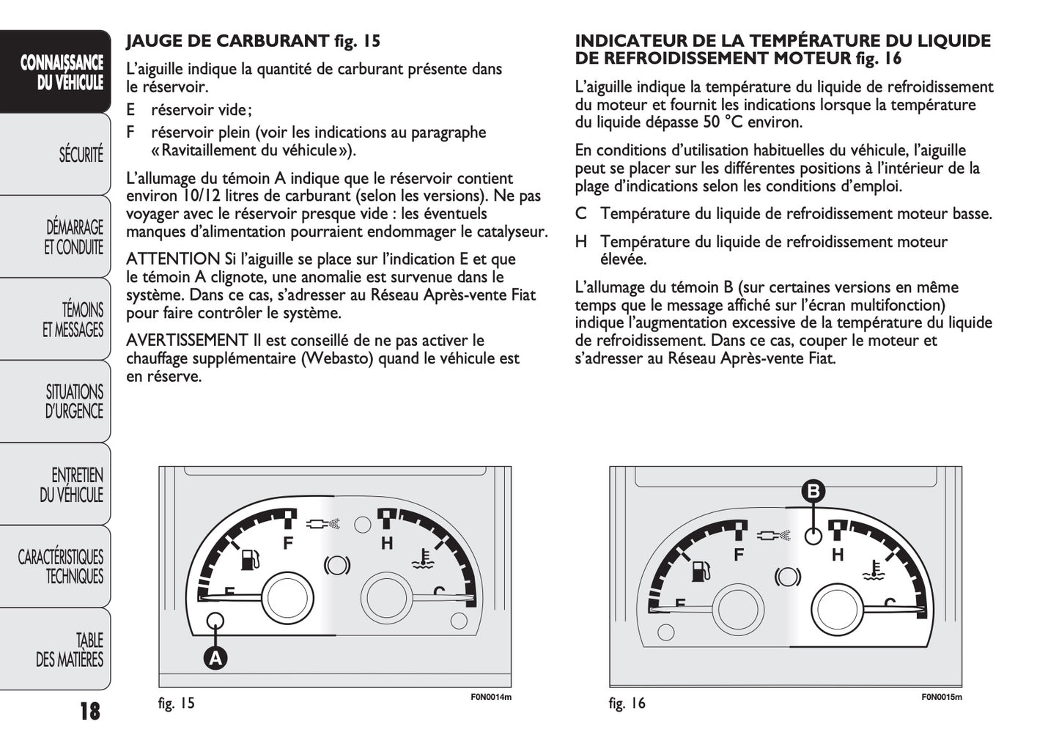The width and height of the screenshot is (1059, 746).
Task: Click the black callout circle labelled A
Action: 215,658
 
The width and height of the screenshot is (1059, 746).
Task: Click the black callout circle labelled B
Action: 813,491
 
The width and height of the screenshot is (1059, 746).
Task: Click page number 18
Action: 89,711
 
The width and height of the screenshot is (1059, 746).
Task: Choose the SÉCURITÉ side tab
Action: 81,155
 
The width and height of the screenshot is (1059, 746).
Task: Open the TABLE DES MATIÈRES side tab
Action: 70,650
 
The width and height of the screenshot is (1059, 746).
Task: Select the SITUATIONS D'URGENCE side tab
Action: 73,402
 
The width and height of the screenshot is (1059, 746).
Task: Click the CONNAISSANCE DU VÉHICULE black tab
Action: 62,73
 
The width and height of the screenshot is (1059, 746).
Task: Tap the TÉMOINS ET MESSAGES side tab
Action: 73,320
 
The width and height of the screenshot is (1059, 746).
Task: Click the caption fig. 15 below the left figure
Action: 177,703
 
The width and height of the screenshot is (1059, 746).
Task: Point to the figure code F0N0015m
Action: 941,697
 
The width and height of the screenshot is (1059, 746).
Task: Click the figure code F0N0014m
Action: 490,697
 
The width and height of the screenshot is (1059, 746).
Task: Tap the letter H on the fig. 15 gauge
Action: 387,543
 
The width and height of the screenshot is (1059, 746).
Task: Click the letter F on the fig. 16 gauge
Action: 739,555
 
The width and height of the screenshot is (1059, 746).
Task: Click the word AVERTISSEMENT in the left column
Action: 187,341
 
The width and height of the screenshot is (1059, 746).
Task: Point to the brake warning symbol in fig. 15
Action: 337,565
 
